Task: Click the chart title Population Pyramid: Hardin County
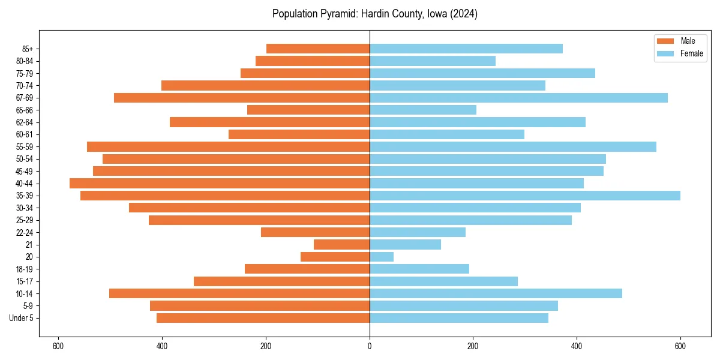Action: coord(374,14)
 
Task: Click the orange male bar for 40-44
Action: coord(220,184)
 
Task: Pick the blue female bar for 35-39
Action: coord(525,196)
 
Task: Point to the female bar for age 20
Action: coord(382,257)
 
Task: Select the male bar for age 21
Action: coord(341,245)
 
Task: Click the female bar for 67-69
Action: coord(518,98)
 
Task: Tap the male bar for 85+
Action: coord(318,49)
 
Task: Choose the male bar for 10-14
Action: coord(239,293)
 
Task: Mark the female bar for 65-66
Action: coord(423,110)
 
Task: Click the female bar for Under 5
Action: coord(459,318)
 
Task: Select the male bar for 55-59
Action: coord(228,146)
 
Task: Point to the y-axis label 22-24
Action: coord(25,233)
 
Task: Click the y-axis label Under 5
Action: coord(22,318)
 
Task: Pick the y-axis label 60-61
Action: coord(25,134)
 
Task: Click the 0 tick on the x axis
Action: coord(370,346)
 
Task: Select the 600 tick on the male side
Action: coord(58,346)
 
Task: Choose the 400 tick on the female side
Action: coord(577,346)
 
